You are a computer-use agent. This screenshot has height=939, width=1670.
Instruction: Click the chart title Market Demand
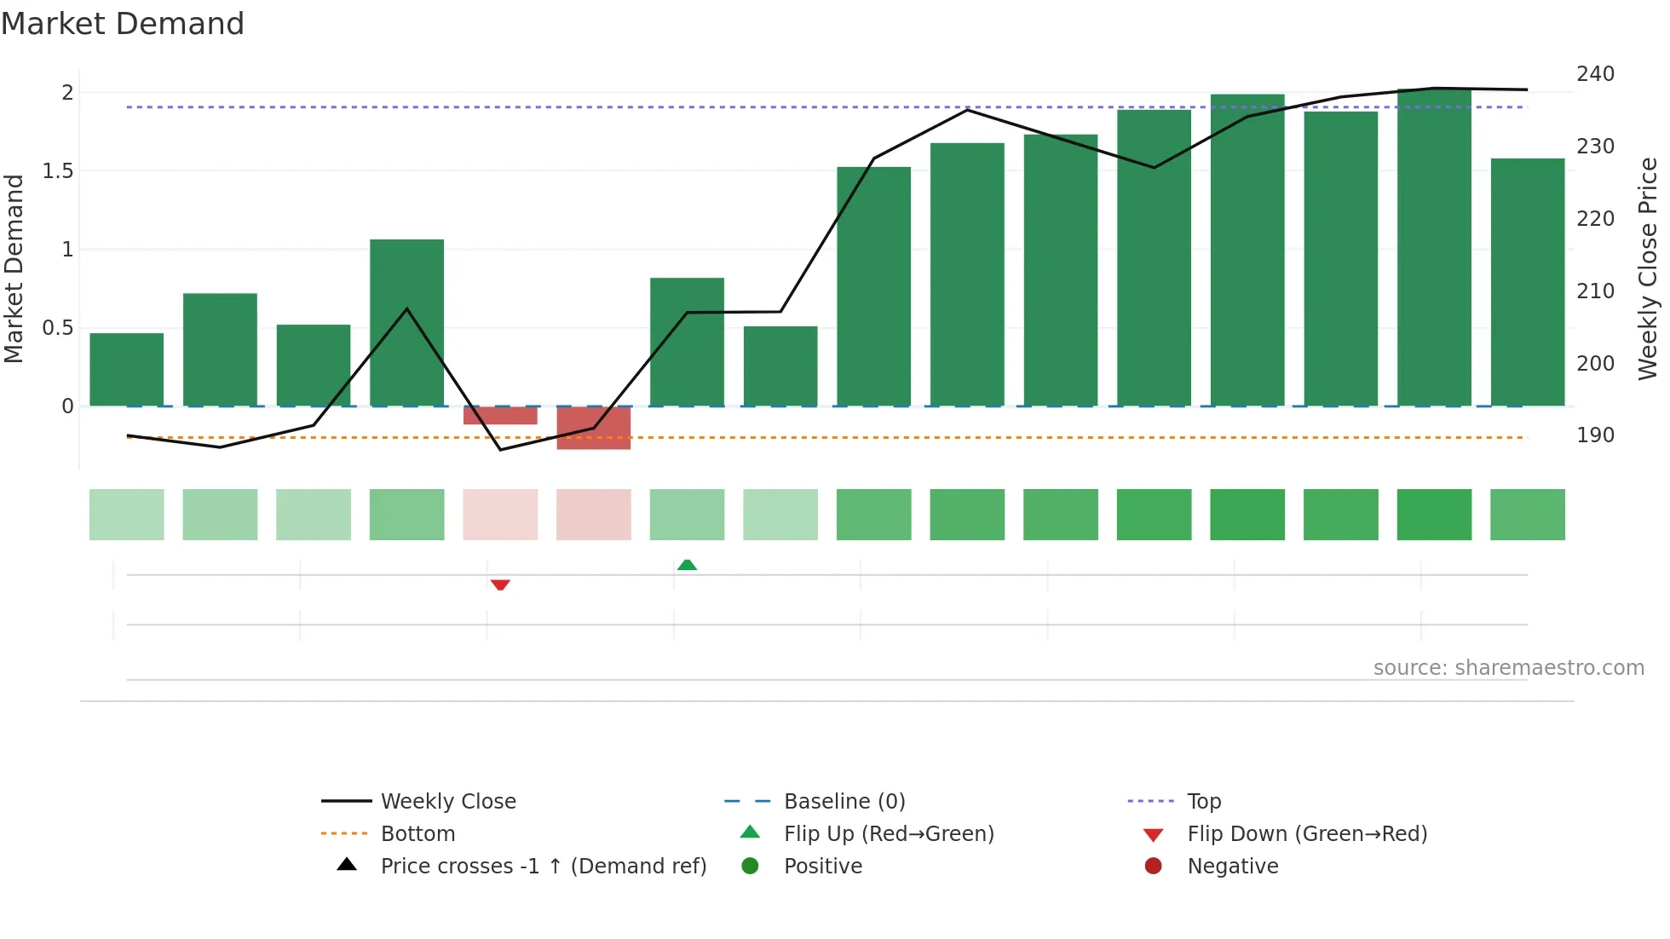click(x=123, y=24)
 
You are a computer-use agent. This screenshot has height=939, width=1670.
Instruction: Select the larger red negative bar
click(x=594, y=428)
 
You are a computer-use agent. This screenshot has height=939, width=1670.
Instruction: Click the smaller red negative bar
click(x=500, y=416)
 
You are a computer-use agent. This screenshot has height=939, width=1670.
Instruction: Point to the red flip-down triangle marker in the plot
click(x=500, y=585)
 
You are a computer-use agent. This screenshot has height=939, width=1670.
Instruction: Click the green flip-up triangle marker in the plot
click(x=687, y=565)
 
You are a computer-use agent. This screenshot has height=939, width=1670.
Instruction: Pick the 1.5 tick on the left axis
click(x=58, y=171)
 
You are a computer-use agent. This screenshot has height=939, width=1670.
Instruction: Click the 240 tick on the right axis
click(x=1595, y=74)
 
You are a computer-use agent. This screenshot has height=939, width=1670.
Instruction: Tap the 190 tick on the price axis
click(x=1595, y=435)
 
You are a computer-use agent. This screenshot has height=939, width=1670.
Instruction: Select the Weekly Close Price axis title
click(x=1648, y=268)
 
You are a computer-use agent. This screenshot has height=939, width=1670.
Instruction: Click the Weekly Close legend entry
click(x=448, y=802)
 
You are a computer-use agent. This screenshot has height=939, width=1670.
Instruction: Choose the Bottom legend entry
click(x=417, y=834)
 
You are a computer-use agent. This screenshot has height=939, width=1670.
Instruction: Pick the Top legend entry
click(x=1204, y=802)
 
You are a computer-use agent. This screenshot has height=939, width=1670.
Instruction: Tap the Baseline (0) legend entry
click(x=844, y=802)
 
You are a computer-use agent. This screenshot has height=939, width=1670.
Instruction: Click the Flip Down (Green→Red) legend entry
click(x=1307, y=834)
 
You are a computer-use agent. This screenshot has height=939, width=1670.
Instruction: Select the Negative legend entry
click(x=1232, y=867)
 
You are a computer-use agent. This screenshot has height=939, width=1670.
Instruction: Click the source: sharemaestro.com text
click(x=1508, y=668)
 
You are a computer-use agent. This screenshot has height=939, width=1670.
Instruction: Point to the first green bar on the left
click(x=127, y=370)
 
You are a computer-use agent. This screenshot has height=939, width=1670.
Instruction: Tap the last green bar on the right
click(x=1528, y=282)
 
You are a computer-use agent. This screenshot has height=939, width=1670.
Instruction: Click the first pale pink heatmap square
click(x=500, y=515)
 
